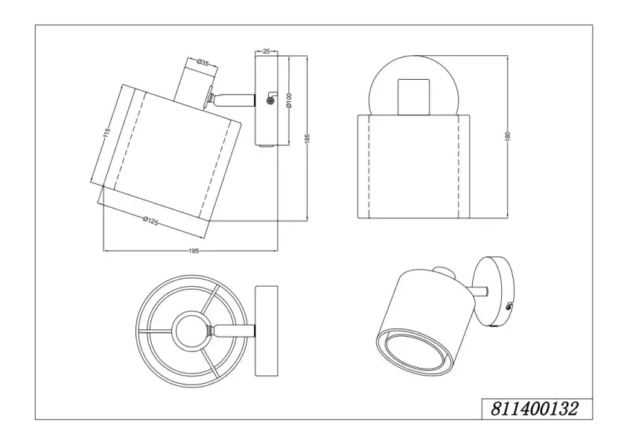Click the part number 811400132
534,409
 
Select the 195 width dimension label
194,251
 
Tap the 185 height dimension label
307,137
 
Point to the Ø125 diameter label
151,221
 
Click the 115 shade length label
106,133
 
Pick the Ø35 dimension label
203,62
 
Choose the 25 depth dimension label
267,51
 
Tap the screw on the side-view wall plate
270,102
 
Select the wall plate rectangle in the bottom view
267,331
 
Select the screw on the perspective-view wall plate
509,307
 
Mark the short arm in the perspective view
479,292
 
